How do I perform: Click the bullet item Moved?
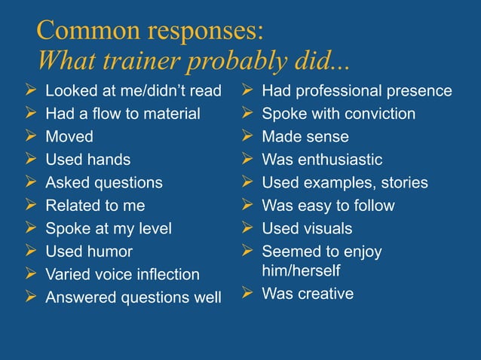(69, 137)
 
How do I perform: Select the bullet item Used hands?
(87, 160)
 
